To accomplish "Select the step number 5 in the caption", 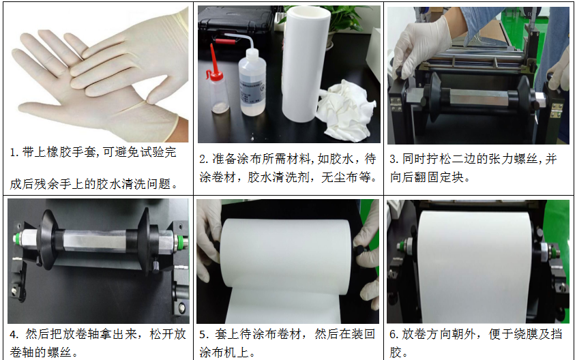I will [203, 335].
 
